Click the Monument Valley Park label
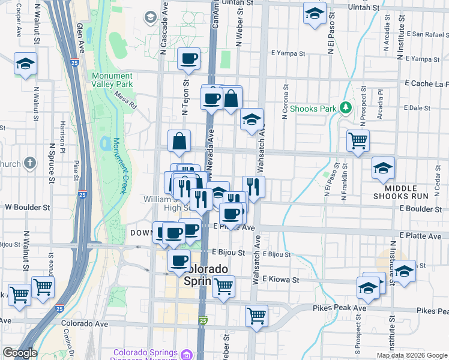112,80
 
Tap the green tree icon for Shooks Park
345,108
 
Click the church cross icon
31,163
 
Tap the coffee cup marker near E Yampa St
188,59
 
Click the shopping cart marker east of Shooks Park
358,140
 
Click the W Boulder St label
27,207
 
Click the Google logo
20,353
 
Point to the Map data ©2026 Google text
411,355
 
